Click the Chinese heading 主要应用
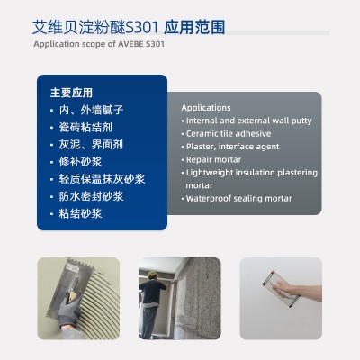point(71,93)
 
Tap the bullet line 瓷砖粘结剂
point(85,128)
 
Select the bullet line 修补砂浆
point(80,162)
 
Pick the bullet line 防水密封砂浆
point(91,196)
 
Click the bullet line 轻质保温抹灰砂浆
point(102,179)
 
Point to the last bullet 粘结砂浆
point(80,214)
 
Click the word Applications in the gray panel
point(206,108)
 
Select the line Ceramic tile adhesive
point(229,134)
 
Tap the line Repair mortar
point(213,159)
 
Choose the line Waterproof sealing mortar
point(238,199)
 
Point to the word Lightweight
point(210,173)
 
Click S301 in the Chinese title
point(142,28)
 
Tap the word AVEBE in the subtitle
point(130,44)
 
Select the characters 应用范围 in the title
point(194,28)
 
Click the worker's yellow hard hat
point(152,274)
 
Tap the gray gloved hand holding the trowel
point(68,310)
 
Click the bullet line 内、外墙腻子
point(91,110)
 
